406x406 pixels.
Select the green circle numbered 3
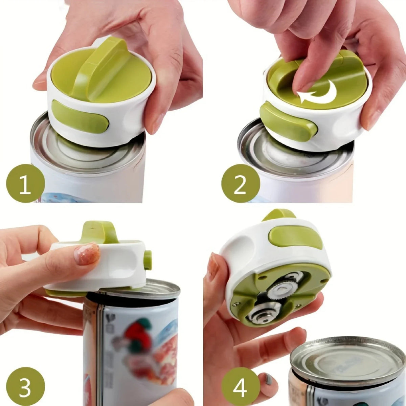(25, 386)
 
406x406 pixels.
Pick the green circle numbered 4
(241, 386)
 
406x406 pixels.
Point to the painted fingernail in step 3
(87, 253)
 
